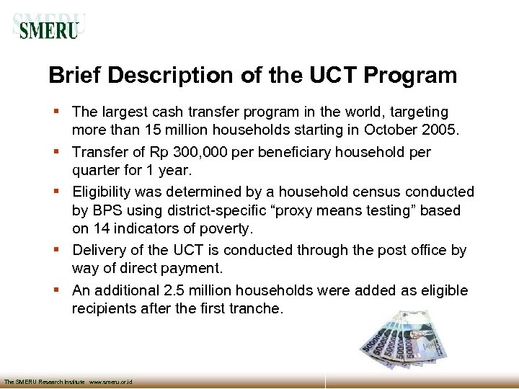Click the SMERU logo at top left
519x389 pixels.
tap(49, 28)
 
